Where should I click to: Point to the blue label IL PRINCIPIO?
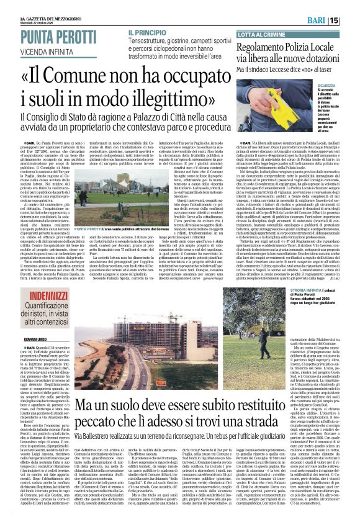pyautogui.click(x=148, y=31)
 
